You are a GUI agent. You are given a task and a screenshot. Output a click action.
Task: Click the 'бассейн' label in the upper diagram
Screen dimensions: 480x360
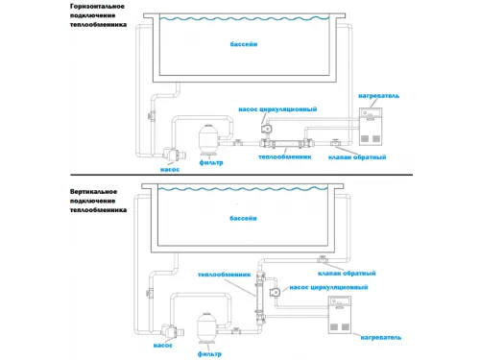pyautogui.click(x=244, y=44)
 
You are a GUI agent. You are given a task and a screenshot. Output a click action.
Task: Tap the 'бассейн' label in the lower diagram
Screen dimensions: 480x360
pyautogui.click(x=243, y=218)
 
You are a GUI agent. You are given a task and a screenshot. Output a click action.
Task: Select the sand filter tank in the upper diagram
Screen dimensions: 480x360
pyautogui.click(x=209, y=139)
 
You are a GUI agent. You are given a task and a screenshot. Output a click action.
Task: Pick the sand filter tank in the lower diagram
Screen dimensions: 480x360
pyautogui.click(x=207, y=328)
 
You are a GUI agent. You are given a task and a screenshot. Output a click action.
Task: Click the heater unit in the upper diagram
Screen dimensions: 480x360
pyautogui.click(x=371, y=127)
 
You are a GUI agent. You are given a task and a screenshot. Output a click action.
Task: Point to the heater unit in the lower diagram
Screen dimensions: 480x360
pyautogui.click(x=340, y=315)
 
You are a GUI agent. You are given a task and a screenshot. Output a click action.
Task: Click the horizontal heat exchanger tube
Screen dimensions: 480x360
pyautogui.click(x=285, y=143)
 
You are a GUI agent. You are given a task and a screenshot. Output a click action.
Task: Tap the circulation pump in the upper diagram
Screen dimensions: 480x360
pyautogui.click(x=267, y=129)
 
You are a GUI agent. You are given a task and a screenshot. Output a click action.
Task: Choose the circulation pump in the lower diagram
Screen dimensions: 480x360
pyautogui.click(x=275, y=292)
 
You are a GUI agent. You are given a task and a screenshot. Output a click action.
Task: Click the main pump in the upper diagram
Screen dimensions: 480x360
pyautogui.click(x=173, y=155)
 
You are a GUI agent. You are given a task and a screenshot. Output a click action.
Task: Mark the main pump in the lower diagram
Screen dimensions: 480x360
pyautogui.click(x=172, y=331)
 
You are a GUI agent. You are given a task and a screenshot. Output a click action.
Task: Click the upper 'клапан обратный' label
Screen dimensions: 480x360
pyautogui.click(x=357, y=157)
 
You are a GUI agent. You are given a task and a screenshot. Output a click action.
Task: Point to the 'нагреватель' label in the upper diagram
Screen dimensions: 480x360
pyautogui.click(x=379, y=96)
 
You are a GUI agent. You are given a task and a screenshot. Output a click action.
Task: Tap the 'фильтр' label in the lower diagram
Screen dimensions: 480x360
pyautogui.click(x=209, y=354)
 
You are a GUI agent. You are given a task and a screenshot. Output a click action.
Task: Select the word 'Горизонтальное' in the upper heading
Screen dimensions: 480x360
pyautogui.click(x=97, y=7)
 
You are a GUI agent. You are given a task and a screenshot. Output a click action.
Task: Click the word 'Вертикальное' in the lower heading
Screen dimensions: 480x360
pyautogui.click(x=93, y=192)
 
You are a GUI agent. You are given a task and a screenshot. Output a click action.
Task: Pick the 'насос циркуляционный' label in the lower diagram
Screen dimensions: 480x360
pyautogui.click(x=328, y=287)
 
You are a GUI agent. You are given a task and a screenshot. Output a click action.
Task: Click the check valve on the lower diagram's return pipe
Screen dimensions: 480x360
pyautogui.click(x=322, y=259)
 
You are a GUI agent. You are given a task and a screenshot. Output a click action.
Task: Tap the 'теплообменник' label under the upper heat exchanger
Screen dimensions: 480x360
pyautogui.click(x=285, y=156)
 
